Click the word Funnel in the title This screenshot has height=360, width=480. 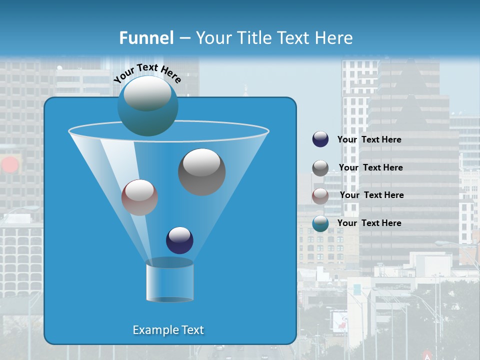pos(146,38)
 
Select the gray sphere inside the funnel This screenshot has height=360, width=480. pos(201,172)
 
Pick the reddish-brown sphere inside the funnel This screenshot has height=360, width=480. pos(139,197)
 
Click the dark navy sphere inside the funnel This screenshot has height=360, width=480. pos(179,240)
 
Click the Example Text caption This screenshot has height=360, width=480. pos(168,330)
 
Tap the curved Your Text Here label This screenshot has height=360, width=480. pos(147,72)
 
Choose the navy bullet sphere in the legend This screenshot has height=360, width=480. pos(320,139)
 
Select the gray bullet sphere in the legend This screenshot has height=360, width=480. pos(320,168)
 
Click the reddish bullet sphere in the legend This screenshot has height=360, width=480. pos(320,196)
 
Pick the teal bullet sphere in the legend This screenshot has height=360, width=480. pos(320,223)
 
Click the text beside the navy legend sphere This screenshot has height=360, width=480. pos(369,139)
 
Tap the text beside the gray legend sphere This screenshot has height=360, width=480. pos(370,167)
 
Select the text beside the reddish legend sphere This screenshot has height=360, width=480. pos(371,195)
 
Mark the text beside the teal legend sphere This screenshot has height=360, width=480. pos(369,223)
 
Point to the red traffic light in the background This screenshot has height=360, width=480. pos(9,164)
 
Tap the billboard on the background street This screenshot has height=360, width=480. pos(339,320)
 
